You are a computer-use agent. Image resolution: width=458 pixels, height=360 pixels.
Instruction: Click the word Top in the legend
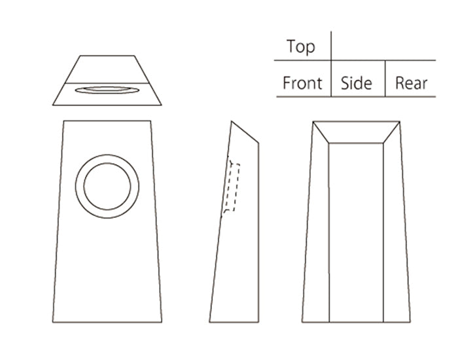click(300, 47)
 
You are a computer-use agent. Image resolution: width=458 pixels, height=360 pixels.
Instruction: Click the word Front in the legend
click(302, 84)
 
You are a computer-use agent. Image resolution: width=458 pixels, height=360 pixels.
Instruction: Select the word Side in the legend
click(357, 84)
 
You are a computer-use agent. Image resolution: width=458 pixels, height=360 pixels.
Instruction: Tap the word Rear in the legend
click(411, 84)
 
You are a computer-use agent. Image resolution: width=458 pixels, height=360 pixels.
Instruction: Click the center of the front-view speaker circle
click(107, 187)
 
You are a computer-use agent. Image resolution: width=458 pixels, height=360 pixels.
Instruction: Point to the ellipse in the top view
click(107, 90)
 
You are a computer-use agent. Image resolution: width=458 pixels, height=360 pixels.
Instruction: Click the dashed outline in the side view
click(231, 187)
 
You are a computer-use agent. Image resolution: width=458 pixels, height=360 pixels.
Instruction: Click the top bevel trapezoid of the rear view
click(356, 132)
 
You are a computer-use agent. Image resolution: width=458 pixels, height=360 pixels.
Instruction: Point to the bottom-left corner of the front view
click(53, 322)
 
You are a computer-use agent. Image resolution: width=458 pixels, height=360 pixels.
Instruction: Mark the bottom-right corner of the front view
click(162, 322)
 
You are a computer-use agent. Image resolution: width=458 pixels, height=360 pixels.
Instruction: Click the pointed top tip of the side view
click(232, 121)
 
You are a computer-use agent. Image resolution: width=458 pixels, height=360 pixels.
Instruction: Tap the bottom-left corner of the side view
click(210, 322)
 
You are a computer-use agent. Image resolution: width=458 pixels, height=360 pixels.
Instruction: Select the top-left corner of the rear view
click(313, 121)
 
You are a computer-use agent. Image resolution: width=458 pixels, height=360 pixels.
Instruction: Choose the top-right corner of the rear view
click(400, 121)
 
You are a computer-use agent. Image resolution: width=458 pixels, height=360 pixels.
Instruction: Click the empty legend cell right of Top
click(383, 46)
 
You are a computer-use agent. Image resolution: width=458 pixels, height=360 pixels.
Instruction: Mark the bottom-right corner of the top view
click(162, 105)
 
